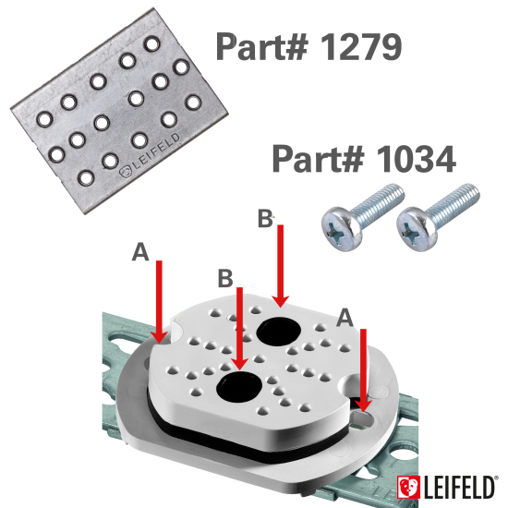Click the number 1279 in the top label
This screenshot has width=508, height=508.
click(361, 47)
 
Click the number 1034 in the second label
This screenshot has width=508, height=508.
click(416, 159)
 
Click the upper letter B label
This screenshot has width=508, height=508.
click(265, 218)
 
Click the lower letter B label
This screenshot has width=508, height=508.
click(225, 278)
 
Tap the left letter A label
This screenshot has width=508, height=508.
click(140, 252)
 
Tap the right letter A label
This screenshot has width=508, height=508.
click(345, 318)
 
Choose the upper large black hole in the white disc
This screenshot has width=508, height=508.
click(279, 331)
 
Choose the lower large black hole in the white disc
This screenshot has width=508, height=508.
click(239, 386)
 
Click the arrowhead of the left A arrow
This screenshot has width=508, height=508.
click(159, 337)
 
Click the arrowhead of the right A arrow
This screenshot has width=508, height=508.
click(364, 405)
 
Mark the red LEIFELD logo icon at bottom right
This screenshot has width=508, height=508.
click(408, 488)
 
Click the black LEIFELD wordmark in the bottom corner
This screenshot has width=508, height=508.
click(459, 488)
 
